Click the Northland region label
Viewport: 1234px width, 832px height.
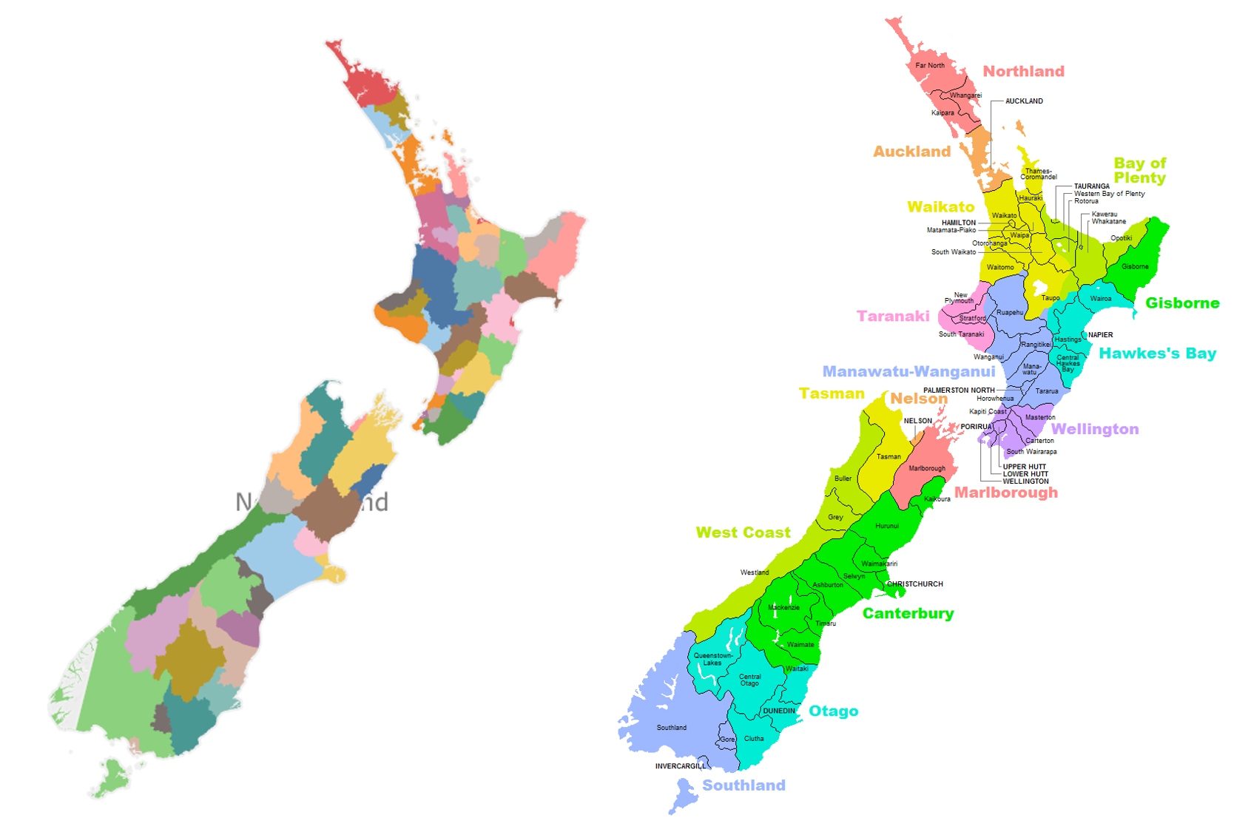click(x=1023, y=72)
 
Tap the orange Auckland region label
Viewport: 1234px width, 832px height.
click(x=911, y=152)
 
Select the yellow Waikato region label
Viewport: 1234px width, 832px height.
click(x=940, y=207)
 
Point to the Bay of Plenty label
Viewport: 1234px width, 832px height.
click(x=1139, y=171)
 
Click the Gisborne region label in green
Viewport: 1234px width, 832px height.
click(x=1182, y=303)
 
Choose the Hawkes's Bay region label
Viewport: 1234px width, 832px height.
click(x=1157, y=354)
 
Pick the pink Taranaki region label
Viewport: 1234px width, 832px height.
click(x=893, y=317)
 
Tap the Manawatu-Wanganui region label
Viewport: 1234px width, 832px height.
click(x=908, y=372)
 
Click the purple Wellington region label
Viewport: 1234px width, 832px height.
click(x=1095, y=430)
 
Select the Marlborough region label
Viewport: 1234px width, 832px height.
click(x=1006, y=493)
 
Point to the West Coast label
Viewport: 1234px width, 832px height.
click(x=743, y=533)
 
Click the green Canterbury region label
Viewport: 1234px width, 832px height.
click(x=908, y=614)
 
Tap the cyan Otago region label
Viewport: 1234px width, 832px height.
click(x=833, y=711)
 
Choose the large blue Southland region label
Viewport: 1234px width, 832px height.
click(x=744, y=785)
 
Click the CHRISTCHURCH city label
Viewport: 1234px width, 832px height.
click(x=915, y=584)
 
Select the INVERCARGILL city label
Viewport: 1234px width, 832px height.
click(x=681, y=766)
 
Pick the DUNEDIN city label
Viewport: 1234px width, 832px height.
click(x=779, y=711)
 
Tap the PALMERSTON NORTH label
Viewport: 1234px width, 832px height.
click(x=959, y=390)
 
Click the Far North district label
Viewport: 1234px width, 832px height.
click(x=930, y=66)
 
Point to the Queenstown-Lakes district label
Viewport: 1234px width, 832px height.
click(x=713, y=659)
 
